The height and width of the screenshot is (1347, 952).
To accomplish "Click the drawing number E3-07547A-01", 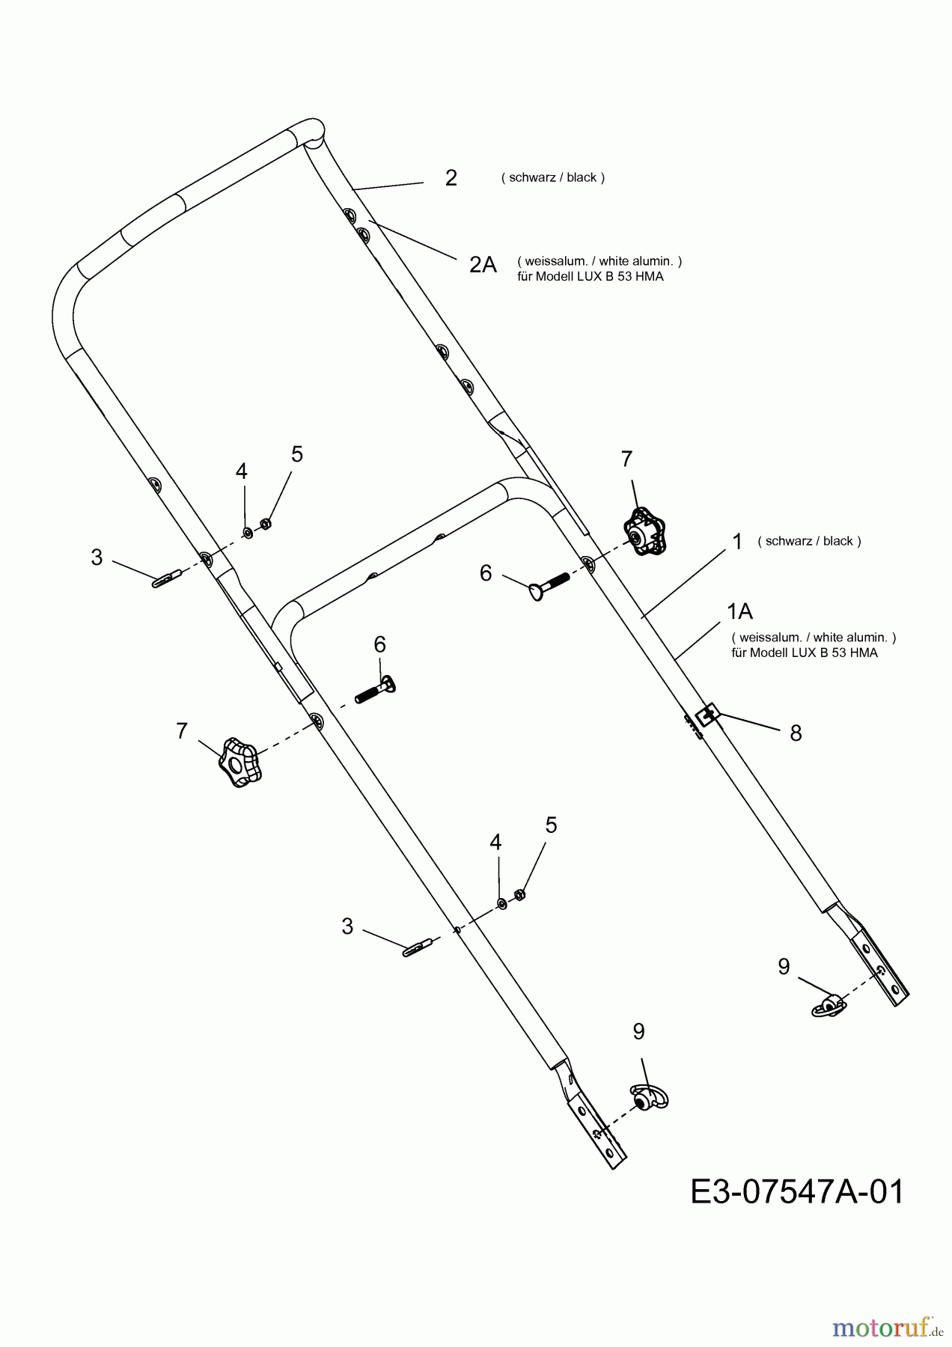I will (796, 1191).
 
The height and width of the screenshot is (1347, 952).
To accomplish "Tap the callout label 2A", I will (483, 264).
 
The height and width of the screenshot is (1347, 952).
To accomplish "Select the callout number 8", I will (796, 733).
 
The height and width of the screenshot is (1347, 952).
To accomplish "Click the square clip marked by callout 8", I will (707, 715).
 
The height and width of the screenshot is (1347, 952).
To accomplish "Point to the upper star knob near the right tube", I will (642, 531).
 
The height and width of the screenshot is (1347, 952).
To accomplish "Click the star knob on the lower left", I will (239, 763).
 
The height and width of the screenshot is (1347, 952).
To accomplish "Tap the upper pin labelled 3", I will (168, 578).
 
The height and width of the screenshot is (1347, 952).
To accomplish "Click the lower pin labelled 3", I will (417, 947).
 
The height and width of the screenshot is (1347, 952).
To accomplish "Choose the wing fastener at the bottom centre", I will (648, 1096).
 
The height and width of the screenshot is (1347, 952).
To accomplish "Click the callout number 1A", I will (739, 611).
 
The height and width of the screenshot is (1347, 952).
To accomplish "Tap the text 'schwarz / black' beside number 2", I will (553, 177).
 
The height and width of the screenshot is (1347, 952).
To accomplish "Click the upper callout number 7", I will (626, 459).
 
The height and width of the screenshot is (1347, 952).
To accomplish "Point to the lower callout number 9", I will (638, 1031).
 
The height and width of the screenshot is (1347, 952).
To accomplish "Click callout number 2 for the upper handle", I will (451, 178).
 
